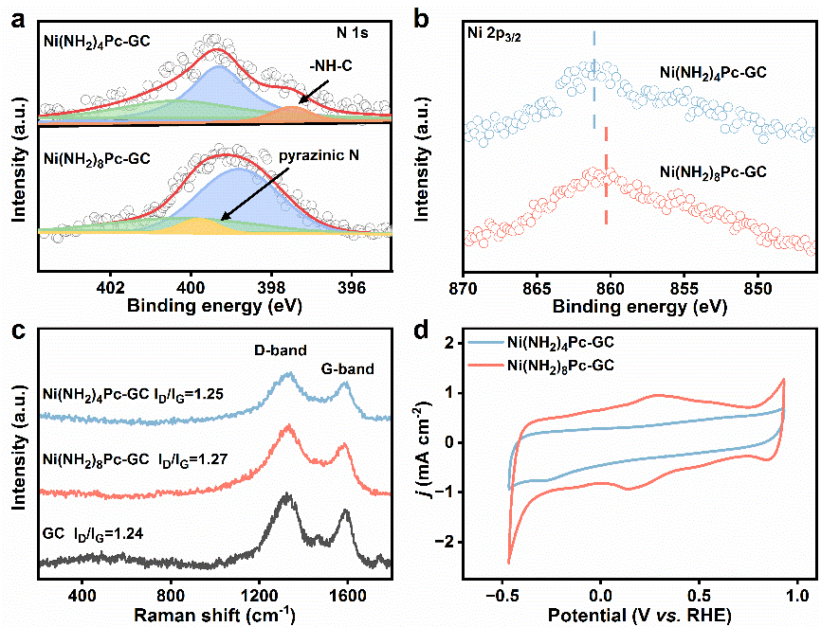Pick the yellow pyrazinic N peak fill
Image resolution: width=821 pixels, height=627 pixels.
tap(198, 225)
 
